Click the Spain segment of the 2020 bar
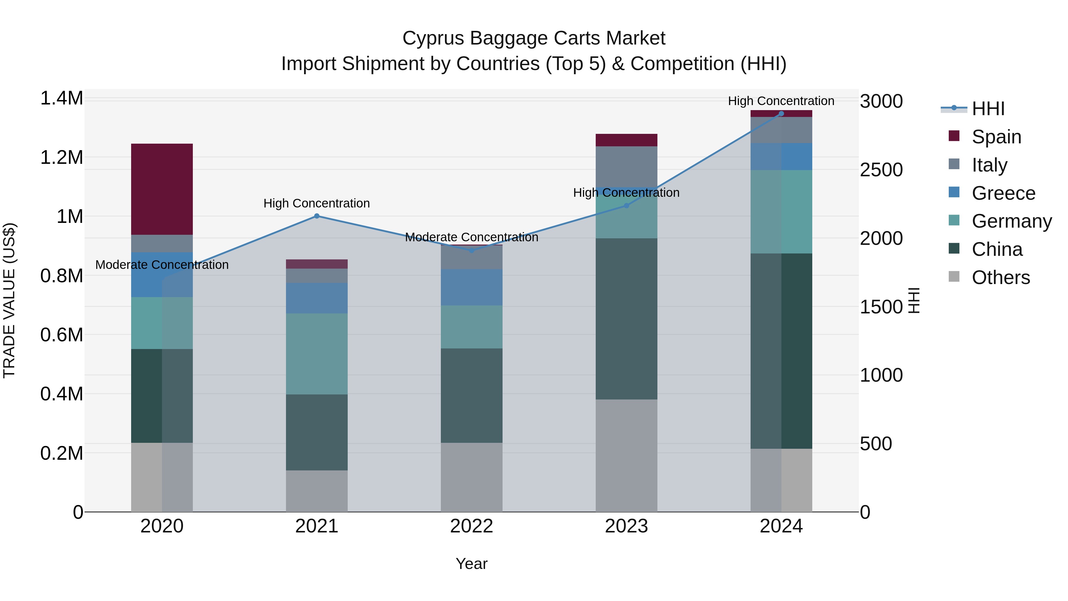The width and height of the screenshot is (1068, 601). tap(162, 189)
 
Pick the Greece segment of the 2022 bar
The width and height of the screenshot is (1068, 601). tap(471, 287)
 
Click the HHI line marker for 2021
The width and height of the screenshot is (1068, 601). tap(317, 216)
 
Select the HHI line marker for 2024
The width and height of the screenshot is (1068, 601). tap(781, 114)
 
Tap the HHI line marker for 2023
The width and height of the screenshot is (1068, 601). tap(627, 206)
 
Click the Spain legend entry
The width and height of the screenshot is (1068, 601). tap(996, 137)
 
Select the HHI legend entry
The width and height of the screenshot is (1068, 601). tap(988, 109)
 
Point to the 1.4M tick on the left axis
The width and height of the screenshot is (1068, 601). tap(61, 99)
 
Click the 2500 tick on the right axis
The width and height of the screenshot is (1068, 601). tap(881, 170)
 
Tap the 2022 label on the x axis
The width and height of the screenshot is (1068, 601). tap(471, 526)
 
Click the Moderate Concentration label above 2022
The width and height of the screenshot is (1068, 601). tap(471, 237)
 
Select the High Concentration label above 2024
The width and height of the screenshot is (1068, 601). tap(781, 101)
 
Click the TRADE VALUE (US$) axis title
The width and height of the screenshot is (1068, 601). tap(9, 300)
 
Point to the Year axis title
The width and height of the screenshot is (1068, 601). tap(471, 564)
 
